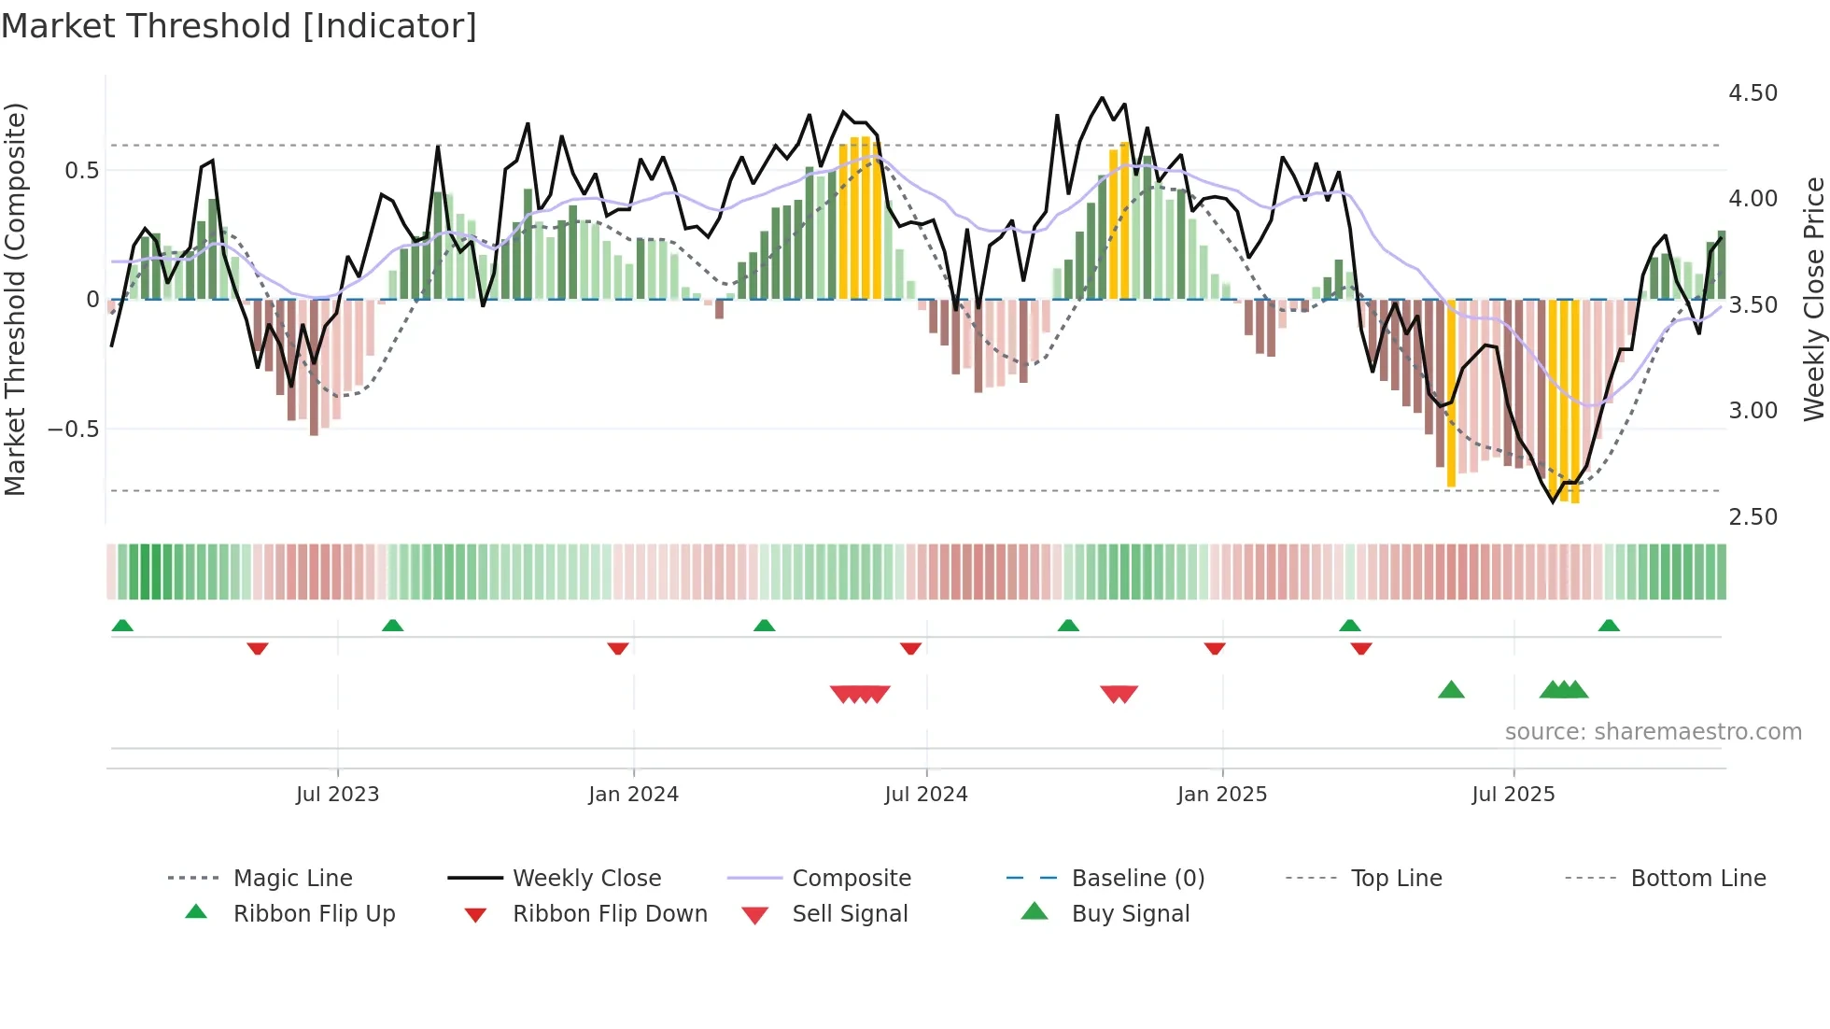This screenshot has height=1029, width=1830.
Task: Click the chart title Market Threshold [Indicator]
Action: tap(239, 26)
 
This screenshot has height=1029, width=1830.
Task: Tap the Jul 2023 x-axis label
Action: tap(337, 795)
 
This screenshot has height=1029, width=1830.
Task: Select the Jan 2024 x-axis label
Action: tap(633, 795)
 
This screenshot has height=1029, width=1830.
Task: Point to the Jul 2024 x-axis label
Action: tap(925, 795)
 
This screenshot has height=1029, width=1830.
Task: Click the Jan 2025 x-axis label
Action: tap(1221, 795)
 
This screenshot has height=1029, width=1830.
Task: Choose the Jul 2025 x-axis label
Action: tap(1513, 795)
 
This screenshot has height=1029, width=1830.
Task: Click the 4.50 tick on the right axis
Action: tap(1753, 93)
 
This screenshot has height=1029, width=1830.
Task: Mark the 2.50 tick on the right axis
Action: tap(1753, 517)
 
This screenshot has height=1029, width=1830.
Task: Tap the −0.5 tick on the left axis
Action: tap(73, 430)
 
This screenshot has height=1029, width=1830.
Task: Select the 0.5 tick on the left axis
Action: tap(81, 171)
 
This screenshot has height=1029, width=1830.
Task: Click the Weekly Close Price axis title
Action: tap(1813, 299)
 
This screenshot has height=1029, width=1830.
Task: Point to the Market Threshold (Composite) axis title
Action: tap(15, 299)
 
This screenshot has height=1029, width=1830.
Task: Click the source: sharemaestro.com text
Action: tap(1653, 732)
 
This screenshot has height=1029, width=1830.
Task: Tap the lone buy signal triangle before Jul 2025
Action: tap(1451, 691)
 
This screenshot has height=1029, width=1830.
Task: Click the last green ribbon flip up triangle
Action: tap(1608, 626)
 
